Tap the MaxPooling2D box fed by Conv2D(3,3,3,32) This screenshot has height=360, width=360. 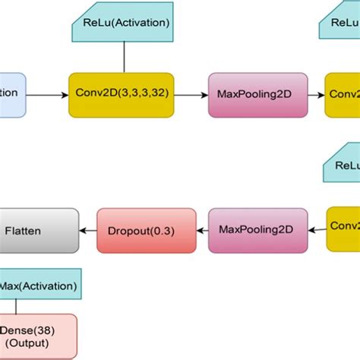coord(257,95)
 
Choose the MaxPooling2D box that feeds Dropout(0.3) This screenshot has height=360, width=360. coord(257,229)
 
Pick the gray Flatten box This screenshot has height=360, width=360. coord(38,229)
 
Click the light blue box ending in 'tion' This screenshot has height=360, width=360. coord(12,95)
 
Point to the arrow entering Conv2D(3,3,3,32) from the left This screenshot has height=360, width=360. coord(47,95)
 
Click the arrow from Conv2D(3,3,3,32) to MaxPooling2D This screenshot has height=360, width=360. coord(193,95)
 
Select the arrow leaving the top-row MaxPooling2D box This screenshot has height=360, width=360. coord(317,95)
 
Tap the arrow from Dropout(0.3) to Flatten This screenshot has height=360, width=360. coord(88,229)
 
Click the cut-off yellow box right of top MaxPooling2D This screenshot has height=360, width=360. coord(343,95)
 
